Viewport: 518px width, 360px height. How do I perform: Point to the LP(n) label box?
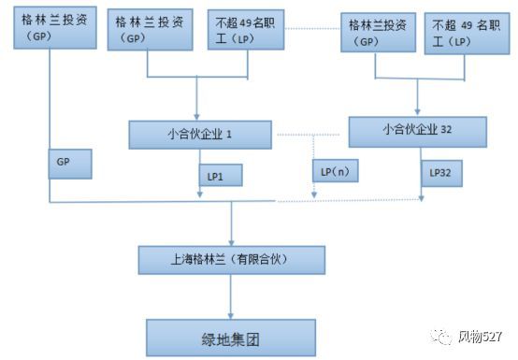coord(334,173)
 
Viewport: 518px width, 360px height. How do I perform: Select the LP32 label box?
coord(441,173)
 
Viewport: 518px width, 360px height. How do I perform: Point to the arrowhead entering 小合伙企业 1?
coord(198,115)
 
